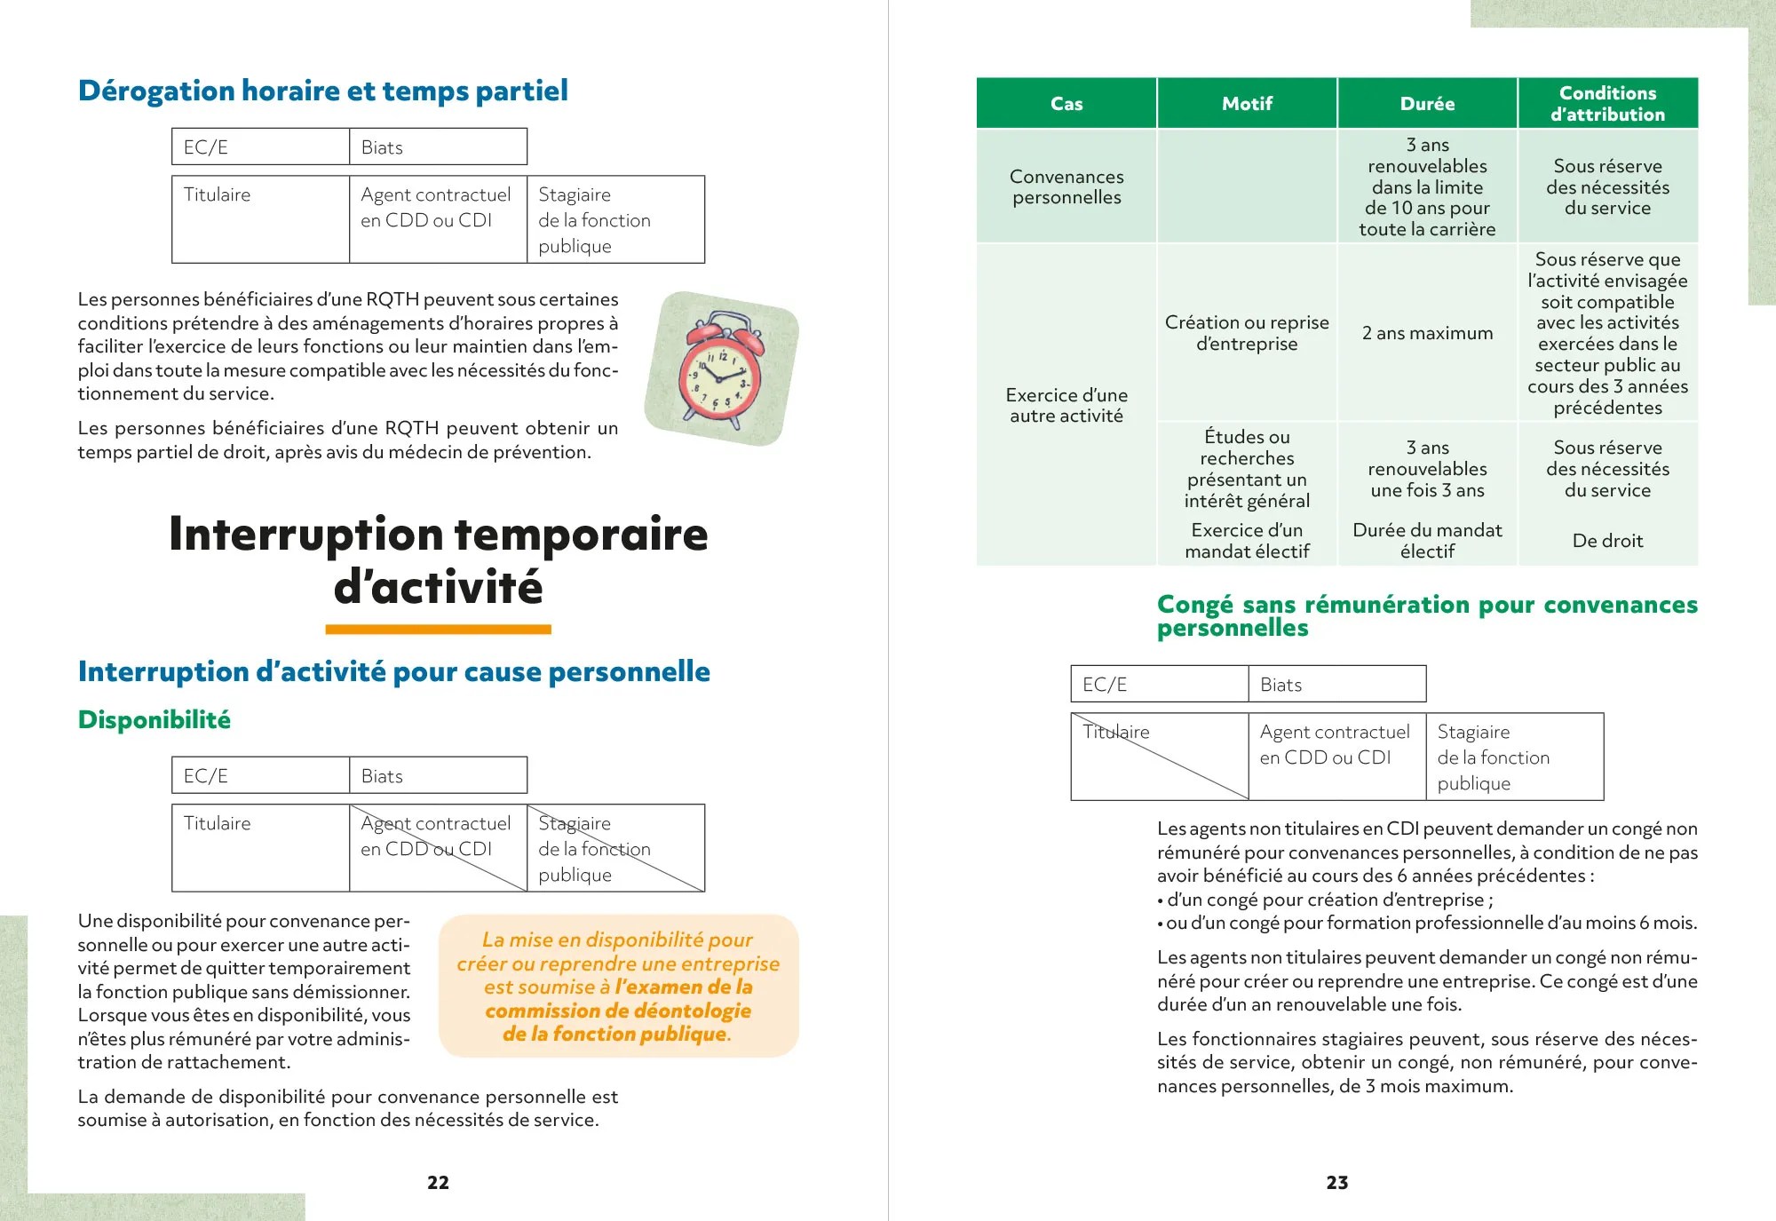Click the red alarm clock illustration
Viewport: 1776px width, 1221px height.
pyautogui.click(x=722, y=368)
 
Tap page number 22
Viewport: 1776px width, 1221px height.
pyautogui.click(x=438, y=1182)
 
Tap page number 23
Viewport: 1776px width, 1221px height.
pyautogui.click(x=1336, y=1182)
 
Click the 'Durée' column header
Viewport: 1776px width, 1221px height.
pyautogui.click(x=1427, y=104)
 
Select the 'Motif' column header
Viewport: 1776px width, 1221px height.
pyautogui.click(x=1247, y=104)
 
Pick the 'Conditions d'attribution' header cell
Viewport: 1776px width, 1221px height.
pyautogui.click(x=1607, y=104)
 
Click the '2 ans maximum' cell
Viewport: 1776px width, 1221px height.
pyautogui.click(x=1427, y=333)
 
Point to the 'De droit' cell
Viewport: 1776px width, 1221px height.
pyautogui.click(x=1607, y=541)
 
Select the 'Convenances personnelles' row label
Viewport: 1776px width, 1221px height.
pyautogui.click(x=1066, y=186)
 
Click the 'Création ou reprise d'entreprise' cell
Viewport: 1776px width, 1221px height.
pyautogui.click(x=1247, y=333)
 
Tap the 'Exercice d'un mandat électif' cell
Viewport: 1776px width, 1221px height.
pyautogui.click(x=1247, y=541)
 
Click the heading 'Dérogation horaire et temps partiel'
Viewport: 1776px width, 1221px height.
pyautogui.click(x=323, y=91)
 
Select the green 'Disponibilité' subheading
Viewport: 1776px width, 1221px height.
pyautogui.click(x=155, y=719)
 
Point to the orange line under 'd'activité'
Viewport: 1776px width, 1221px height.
pyautogui.click(x=438, y=630)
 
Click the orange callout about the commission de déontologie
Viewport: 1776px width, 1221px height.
pyautogui.click(x=618, y=986)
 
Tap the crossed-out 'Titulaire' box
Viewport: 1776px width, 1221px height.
pyautogui.click(x=1159, y=757)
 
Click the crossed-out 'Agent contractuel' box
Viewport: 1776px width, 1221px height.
pyautogui.click(x=438, y=848)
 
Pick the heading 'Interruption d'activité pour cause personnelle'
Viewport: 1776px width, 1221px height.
pyautogui.click(x=394, y=671)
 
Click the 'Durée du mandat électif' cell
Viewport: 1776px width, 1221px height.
pyautogui.click(x=1427, y=541)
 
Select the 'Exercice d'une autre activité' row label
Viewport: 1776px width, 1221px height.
pyautogui.click(x=1066, y=405)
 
